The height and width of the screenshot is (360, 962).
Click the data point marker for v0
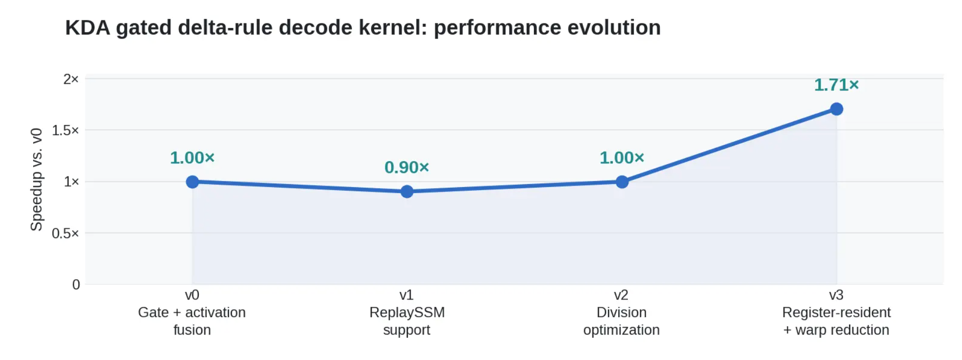[x=192, y=182]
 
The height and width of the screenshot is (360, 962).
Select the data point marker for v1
[x=407, y=191]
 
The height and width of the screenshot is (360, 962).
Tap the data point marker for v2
[x=622, y=182]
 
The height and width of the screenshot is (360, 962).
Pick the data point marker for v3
[x=836, y=109]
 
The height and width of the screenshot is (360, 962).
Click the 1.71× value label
[x=836, y=85]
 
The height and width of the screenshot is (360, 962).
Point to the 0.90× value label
[x=407, y=167]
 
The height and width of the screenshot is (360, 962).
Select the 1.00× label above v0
[x=192, y=158]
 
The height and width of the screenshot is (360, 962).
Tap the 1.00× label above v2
[x=622, y=158]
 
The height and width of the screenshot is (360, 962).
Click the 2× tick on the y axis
[x=71, y=79]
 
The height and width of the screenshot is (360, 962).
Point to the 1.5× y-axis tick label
[x=66, y=130]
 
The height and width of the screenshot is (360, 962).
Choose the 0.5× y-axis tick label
[x=66, y=233]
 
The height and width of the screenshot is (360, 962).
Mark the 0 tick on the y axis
[x=76, y=285]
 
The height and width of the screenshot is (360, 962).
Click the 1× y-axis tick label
[x=71, y=182]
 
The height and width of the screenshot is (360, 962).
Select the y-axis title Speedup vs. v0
[x=37, y=180]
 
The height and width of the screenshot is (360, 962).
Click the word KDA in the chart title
[x=87, y=27]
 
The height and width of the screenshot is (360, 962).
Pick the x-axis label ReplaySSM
[x=407, y=312]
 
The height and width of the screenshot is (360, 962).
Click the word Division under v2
[x=622, y=312]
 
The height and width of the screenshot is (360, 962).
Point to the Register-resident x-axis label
[x=836, y=312]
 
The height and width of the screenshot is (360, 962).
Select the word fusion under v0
[x=192, y=330]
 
